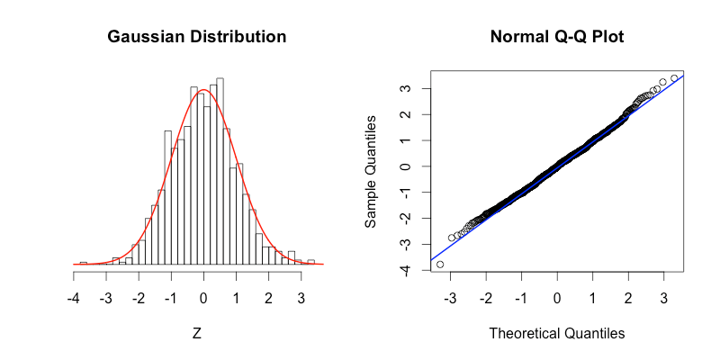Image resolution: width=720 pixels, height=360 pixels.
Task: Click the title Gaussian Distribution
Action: coord(197,38)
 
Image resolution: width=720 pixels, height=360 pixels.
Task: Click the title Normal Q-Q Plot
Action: coord(556,38)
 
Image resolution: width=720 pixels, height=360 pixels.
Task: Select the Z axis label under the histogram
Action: coord(197,333)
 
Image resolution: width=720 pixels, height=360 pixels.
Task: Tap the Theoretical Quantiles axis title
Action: coord(556,333)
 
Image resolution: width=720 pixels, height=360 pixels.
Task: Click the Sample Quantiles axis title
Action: coord(371,172)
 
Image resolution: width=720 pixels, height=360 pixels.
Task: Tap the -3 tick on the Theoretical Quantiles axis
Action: coord(450,298)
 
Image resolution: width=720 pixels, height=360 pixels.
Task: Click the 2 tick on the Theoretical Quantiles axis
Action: coord(628,298)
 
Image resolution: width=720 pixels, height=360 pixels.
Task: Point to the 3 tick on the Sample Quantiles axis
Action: coord(406,89)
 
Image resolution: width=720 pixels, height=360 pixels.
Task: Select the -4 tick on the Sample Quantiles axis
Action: coord(406,270)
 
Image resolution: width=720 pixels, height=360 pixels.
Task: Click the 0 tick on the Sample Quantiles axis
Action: coord(406,166)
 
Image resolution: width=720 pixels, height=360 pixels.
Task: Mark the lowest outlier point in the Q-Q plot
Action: coord(440,264)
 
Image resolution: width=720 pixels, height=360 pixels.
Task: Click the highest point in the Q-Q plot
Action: coord(674,78)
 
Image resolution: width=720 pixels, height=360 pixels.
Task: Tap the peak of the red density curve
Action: coord(203,90)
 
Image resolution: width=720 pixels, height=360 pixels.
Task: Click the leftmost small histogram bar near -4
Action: coord(83,263)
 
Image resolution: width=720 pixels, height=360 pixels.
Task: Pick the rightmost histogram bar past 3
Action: coord(310,262)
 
